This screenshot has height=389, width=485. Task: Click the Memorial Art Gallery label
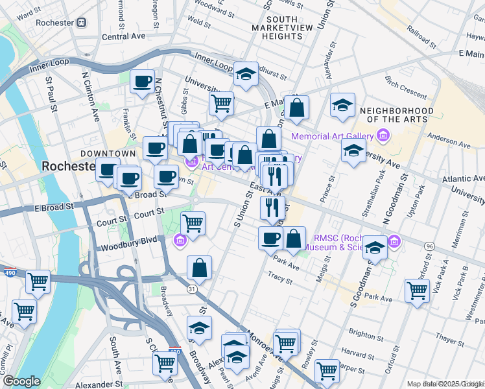coord(332,136)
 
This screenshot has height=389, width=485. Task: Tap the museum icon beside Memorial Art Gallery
coord(383,136)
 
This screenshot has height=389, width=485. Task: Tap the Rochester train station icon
coord(82,23)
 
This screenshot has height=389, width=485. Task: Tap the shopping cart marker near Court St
coord(193,224)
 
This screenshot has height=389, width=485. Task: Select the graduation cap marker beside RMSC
coord(375,247)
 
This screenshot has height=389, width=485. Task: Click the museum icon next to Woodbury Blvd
coord(180,241)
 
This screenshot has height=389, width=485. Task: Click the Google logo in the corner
coord(21,381)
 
